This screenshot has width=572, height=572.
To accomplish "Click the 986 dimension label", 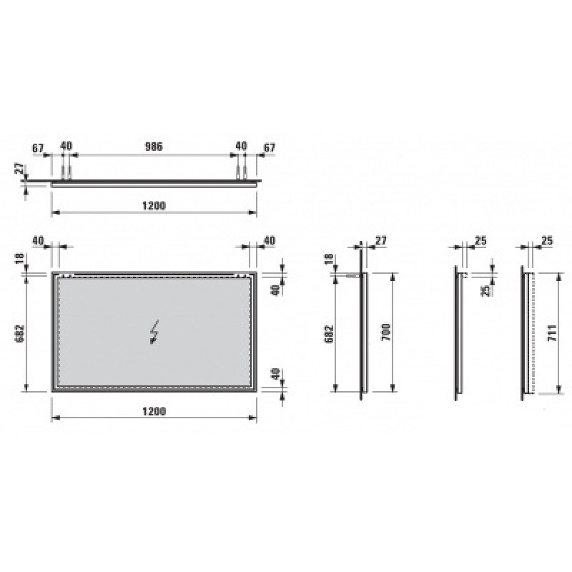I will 154,147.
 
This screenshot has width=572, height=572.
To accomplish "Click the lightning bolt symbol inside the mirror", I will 154,332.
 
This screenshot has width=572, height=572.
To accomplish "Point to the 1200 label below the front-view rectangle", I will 154,411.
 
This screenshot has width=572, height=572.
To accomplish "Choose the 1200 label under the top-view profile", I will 154,205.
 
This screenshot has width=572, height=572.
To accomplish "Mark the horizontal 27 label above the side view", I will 380,241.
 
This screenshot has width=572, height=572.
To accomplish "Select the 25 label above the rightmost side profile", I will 549,241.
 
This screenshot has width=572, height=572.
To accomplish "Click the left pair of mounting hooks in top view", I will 66,172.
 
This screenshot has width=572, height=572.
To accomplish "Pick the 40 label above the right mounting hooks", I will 241,147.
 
